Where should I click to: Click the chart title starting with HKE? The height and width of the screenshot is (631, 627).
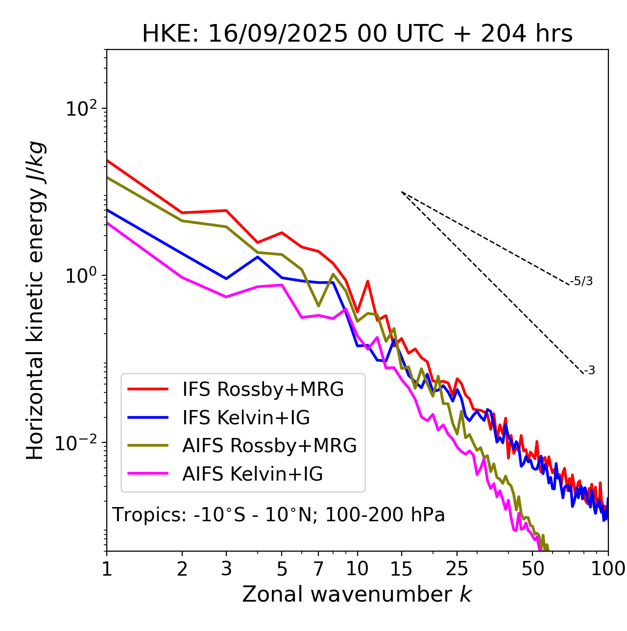[x=357, y=34]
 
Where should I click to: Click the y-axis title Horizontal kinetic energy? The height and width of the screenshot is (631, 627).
[x=35, y=301]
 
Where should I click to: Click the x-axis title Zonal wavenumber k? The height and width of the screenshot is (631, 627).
[x=357, y=594]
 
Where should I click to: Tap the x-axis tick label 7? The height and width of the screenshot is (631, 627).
[x=318, y=569]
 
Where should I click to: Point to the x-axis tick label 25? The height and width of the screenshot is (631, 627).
[x=457, y=569]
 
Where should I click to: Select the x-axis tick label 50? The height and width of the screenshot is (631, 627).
[x=533, y=569]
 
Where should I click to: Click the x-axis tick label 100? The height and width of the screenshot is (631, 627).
[x=608, y=569]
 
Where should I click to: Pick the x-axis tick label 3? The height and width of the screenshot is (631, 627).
[x=226, y=569]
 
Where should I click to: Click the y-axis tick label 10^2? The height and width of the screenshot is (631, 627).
[x=80, y=108]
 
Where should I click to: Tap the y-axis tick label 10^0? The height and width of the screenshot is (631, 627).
[x=80, y=275]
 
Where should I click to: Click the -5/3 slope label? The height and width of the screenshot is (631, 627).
[x=581, y=282]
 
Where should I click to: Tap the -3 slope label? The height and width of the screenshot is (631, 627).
[x=589, y=371]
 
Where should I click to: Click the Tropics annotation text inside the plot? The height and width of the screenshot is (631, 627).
[x=278, y=515]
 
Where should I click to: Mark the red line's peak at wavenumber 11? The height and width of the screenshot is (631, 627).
[x=367, y=281]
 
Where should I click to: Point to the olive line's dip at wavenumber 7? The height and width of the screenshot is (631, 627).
[x=318, y=306]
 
